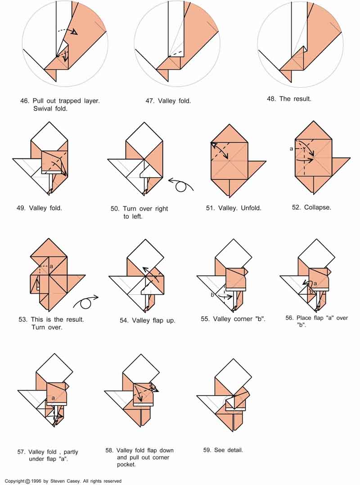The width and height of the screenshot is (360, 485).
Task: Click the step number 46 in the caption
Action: (x=24, y=101)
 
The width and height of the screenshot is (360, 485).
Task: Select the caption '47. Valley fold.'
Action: (x=168, y=101)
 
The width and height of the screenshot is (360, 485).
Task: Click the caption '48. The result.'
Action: (x=289, y=99)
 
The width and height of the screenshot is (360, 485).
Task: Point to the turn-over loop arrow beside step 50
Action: (x=181, y=184)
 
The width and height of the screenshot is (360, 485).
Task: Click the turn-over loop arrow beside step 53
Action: (x=85, y=302)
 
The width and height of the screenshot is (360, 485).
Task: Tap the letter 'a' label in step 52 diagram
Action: (x=291, y=149)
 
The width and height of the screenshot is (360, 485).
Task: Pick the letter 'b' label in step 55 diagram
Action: (x=212, y=295)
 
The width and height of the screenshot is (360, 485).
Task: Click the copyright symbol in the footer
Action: (x=27, y=481)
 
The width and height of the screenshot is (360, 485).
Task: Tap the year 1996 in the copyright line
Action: (x=36, y=481)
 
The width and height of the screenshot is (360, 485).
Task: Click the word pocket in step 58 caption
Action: (x=126, y=465)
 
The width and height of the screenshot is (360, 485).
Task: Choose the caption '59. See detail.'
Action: (x=223, y=450)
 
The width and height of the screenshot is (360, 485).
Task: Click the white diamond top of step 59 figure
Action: (x=233, y=377)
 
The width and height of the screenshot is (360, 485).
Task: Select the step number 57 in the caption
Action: (x=21, y=452)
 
